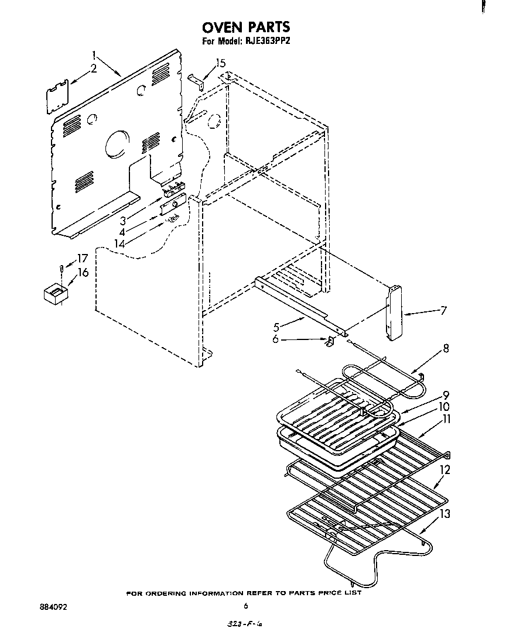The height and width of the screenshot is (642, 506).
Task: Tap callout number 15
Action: [x=220, y=63]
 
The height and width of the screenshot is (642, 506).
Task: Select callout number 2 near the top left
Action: [x=93, y=70]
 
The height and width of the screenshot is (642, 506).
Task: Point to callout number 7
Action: [x=443, y=310]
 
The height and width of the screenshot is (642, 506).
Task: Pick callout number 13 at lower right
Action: [x=445, y=514]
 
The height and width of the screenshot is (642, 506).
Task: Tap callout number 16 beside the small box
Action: [x=83, y=272]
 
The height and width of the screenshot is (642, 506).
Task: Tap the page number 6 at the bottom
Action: [x=247, y=606]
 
